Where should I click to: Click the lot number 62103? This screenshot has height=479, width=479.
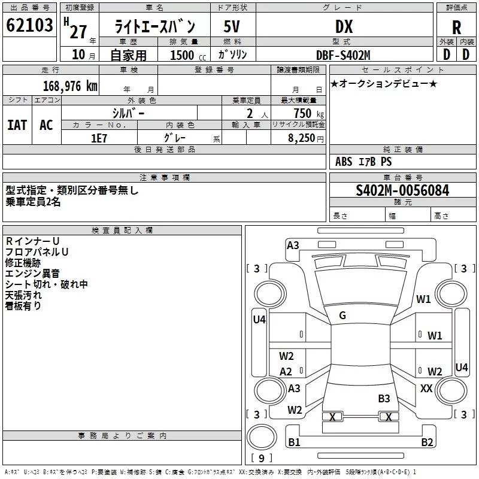[x=29, y=25]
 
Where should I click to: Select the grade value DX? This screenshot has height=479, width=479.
[x=344, y=26]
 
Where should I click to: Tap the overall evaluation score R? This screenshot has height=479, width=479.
[x=456, y=28]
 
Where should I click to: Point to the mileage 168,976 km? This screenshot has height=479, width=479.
[x=70, y=86]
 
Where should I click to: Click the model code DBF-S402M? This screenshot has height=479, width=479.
[x=343, y=55]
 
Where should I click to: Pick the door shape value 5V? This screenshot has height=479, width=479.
[x=232, y=26]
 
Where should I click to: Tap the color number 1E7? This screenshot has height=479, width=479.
[x=99, y=138]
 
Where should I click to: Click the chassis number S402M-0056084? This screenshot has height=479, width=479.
[x=402, y=190]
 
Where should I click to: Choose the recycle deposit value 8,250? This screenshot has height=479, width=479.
[x=301, y=138]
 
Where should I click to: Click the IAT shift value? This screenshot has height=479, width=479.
[x=17, y=125]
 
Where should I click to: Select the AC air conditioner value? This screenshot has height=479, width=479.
[x=46, y=125]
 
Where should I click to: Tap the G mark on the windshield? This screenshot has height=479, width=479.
[x=342, y=316]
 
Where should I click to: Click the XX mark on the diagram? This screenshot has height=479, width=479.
[x=426, y=388]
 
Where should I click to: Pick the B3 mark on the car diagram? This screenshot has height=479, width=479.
[x=384, y=398]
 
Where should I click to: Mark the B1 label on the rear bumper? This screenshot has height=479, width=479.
[x=294, y=442]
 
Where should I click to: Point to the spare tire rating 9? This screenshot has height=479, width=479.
[x=262, y=458]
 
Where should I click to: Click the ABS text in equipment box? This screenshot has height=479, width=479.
[x=344, y=162]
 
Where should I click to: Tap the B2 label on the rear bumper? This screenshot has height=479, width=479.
[x=427, y=442]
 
